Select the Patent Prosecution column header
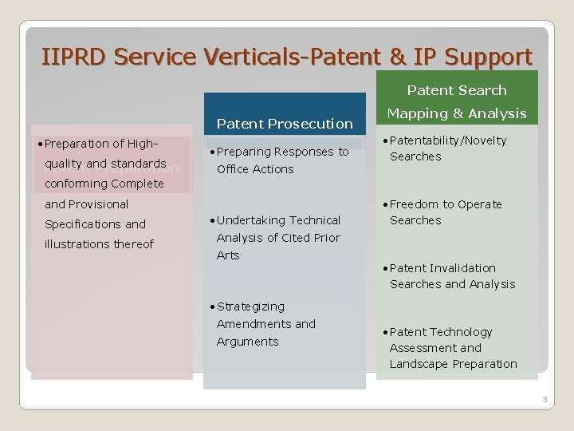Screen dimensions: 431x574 click(284, 124)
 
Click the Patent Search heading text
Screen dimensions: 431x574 click(457, 91)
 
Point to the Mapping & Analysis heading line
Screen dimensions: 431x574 click(457, 113)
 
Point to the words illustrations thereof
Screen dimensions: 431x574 click(99, 244)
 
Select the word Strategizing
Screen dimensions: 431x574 click(250, 306)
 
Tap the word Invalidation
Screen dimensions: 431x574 click(463, 268)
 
